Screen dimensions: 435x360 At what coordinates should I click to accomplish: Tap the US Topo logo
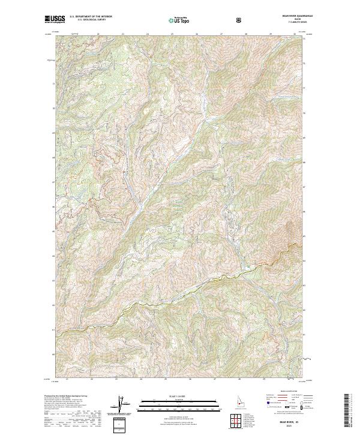pos(180,20)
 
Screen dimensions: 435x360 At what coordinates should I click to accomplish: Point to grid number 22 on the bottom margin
pos(91,379)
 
